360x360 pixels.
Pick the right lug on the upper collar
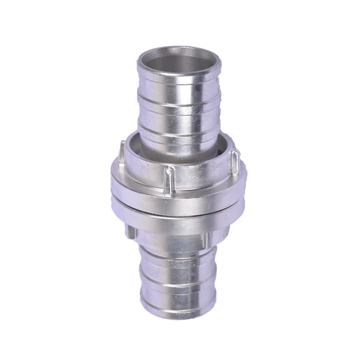237,157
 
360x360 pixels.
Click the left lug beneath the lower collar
130,231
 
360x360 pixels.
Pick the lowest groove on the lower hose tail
178,290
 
